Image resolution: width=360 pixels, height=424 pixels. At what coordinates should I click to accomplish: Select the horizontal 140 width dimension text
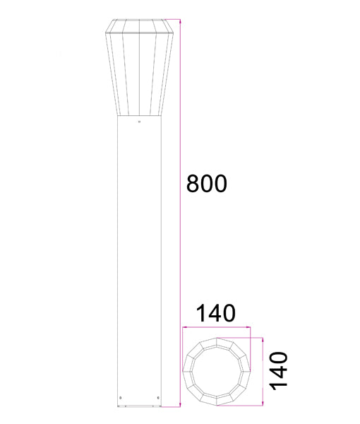[215, 312]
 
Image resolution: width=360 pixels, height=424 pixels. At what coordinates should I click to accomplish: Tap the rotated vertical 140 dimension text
[280, 371]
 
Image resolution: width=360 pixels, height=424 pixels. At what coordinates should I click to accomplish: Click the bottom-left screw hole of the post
[121, 397]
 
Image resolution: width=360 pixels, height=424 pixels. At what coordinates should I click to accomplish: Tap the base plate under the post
[139, 407]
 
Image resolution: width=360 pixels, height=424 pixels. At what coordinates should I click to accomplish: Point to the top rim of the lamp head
[139, 19]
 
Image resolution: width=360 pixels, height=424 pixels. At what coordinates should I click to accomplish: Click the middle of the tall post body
[139, 261]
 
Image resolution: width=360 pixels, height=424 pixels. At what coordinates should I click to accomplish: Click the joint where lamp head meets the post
[139, 116]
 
